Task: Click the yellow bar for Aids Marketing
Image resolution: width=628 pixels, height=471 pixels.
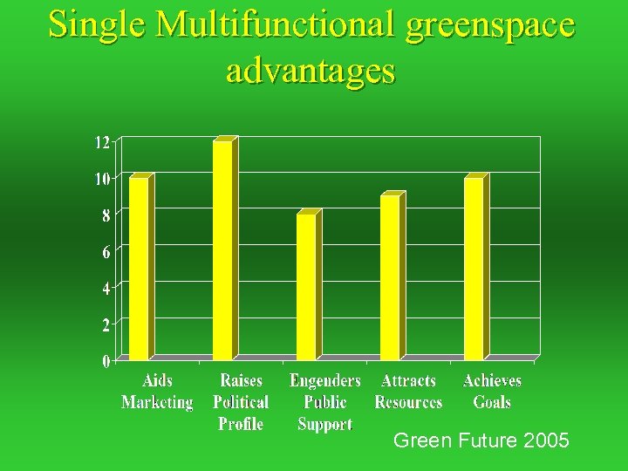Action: [139, 267]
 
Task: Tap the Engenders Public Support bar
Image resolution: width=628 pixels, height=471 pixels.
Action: [306, 285]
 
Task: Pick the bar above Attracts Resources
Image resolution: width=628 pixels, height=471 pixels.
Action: [390, 276]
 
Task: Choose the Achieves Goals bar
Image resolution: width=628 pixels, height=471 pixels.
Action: [474, 267]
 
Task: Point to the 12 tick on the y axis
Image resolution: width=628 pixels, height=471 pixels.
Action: [102, 142]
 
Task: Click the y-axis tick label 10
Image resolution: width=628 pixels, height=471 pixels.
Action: [102, 179]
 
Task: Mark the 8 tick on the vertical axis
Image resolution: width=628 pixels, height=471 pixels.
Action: [106, 215]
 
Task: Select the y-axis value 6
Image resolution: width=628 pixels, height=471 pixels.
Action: [106, 251]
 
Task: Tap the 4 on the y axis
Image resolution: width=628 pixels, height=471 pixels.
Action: [106, 288]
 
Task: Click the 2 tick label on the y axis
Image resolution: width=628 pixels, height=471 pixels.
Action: [106, 324]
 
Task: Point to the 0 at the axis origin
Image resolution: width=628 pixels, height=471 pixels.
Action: [106, 360]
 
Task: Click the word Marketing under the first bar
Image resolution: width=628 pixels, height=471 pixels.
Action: [157, 402]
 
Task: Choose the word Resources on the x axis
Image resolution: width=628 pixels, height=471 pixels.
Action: [408, 402]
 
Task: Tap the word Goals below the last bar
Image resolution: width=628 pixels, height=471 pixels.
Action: [492, 402]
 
